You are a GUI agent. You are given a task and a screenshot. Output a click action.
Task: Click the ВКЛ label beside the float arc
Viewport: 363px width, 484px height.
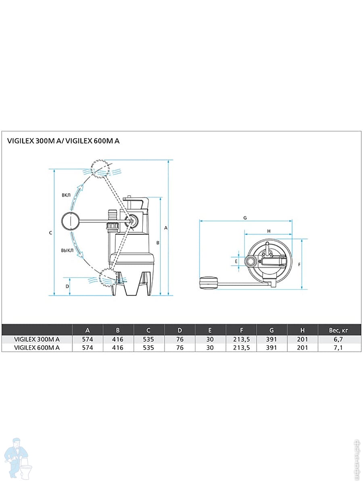point(66,195)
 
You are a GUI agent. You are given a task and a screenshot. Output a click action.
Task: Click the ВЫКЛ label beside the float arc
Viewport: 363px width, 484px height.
point(67,250)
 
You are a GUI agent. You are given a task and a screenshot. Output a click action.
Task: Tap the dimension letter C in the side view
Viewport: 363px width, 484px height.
point(50,233)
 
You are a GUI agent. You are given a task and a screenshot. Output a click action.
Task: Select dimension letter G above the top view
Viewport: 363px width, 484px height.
point(245,217)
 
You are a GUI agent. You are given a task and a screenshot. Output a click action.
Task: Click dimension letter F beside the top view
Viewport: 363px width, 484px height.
point(299,265)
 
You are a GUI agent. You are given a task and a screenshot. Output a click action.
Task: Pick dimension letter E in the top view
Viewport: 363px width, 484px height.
point(236,261)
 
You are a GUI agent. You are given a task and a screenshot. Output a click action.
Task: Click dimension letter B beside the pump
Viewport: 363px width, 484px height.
point(158,243)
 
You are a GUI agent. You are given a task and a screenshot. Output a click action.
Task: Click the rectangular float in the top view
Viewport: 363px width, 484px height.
point(208,284)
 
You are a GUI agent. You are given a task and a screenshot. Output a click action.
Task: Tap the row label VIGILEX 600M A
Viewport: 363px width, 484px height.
point(37,348)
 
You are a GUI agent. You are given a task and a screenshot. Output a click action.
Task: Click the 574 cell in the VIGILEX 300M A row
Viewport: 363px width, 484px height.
point(88,339)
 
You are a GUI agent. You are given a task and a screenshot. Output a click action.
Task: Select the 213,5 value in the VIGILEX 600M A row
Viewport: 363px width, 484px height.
point(241,348)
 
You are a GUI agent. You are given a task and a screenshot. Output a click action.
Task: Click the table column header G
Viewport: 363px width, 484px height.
point(271,330)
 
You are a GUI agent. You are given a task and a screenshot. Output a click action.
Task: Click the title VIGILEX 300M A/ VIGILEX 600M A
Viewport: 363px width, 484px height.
point(64,141)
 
